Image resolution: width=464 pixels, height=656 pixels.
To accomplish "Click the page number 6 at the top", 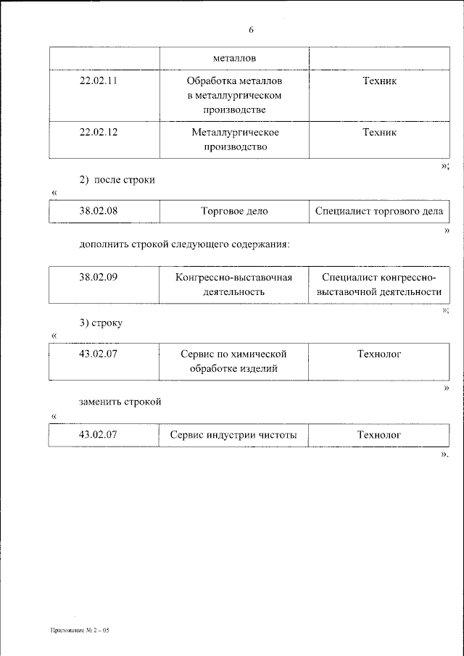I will (x=251, y=30).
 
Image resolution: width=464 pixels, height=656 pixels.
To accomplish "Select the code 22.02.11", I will (x=98, y=81).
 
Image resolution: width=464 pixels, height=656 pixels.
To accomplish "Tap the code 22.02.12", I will (x=98, y=133).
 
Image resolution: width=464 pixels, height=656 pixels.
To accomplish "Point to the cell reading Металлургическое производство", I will (x=235, y=139).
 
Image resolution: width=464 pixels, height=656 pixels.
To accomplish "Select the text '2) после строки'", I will (x=117, y=179).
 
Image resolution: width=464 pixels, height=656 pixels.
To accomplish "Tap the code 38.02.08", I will (x=98, y=211).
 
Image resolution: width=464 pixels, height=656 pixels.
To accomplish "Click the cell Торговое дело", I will (x=234, y=211).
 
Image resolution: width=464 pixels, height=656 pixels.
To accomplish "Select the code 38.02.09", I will (x=98, y=278).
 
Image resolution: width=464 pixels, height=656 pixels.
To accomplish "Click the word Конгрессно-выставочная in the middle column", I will (x=234, y=278).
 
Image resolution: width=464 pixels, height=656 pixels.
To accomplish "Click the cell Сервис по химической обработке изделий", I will (x=234, y=361).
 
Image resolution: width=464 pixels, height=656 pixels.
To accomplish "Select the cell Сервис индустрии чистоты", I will (x=234, y=435).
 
